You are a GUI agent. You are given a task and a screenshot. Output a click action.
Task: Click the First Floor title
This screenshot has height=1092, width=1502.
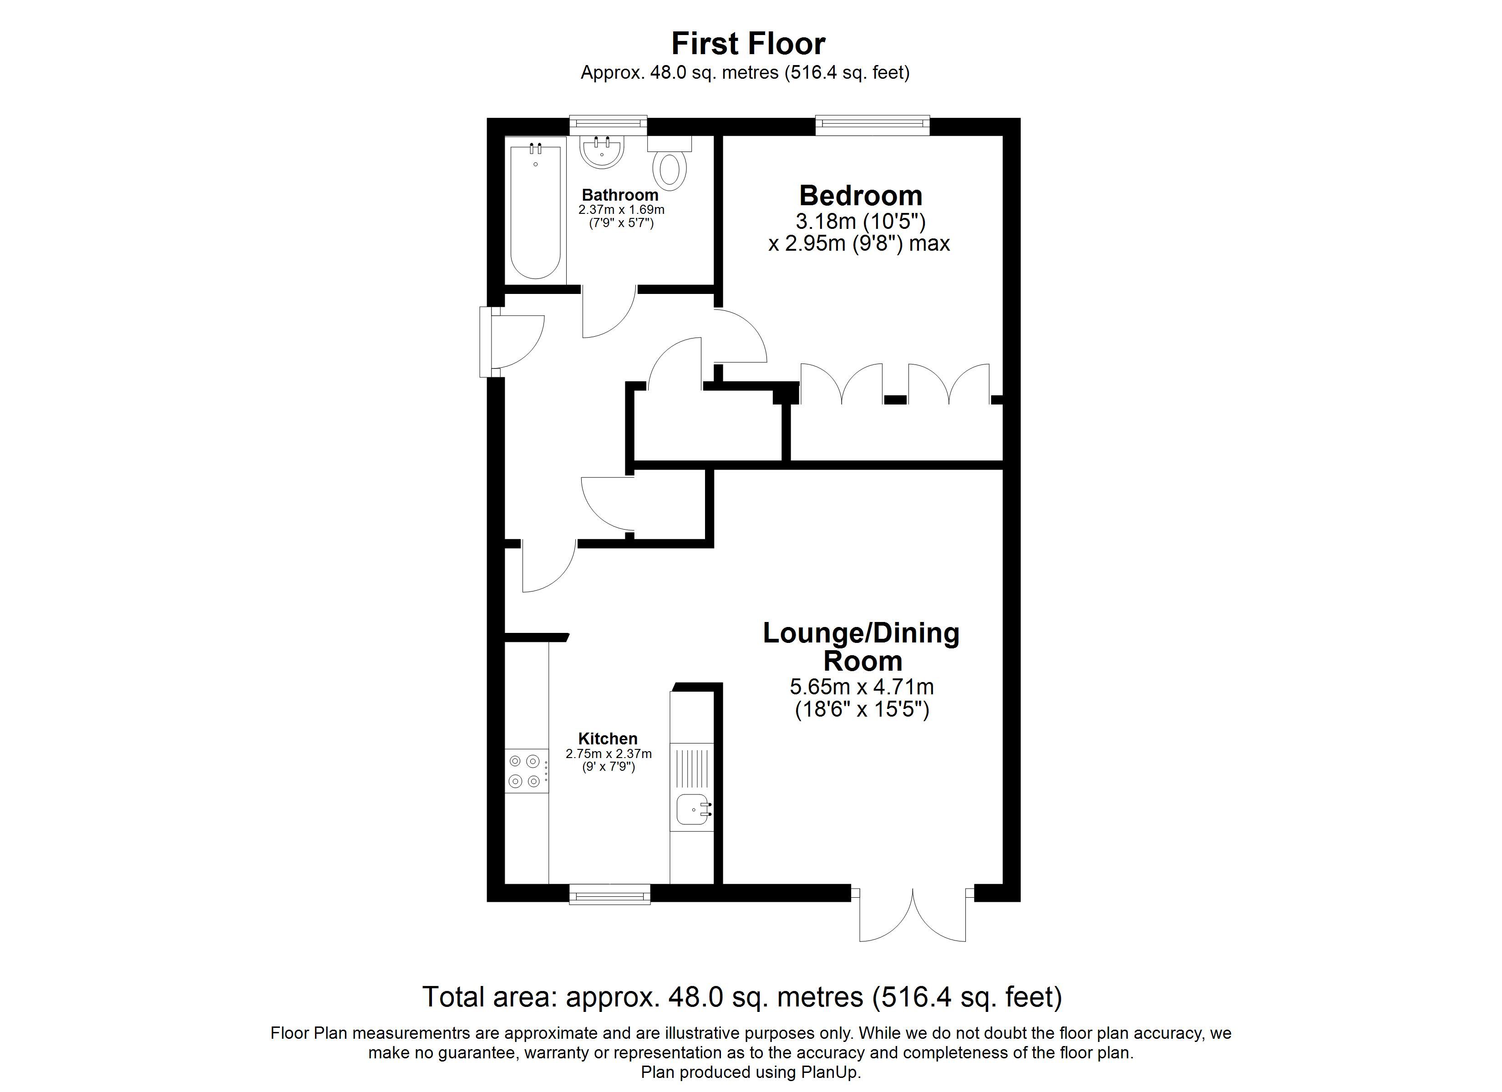point(748,44)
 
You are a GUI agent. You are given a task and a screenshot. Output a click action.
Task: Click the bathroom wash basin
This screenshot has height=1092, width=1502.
point(602,153)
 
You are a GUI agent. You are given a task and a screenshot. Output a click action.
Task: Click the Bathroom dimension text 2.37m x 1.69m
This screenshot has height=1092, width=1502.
point(620,210)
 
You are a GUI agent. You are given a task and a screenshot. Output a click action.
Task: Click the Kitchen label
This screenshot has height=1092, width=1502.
point(607,738)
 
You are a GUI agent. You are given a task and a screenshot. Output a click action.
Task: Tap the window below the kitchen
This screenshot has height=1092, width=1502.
point(610,896)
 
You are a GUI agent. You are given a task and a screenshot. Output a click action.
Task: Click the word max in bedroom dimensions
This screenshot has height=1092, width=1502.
point(929,244)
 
